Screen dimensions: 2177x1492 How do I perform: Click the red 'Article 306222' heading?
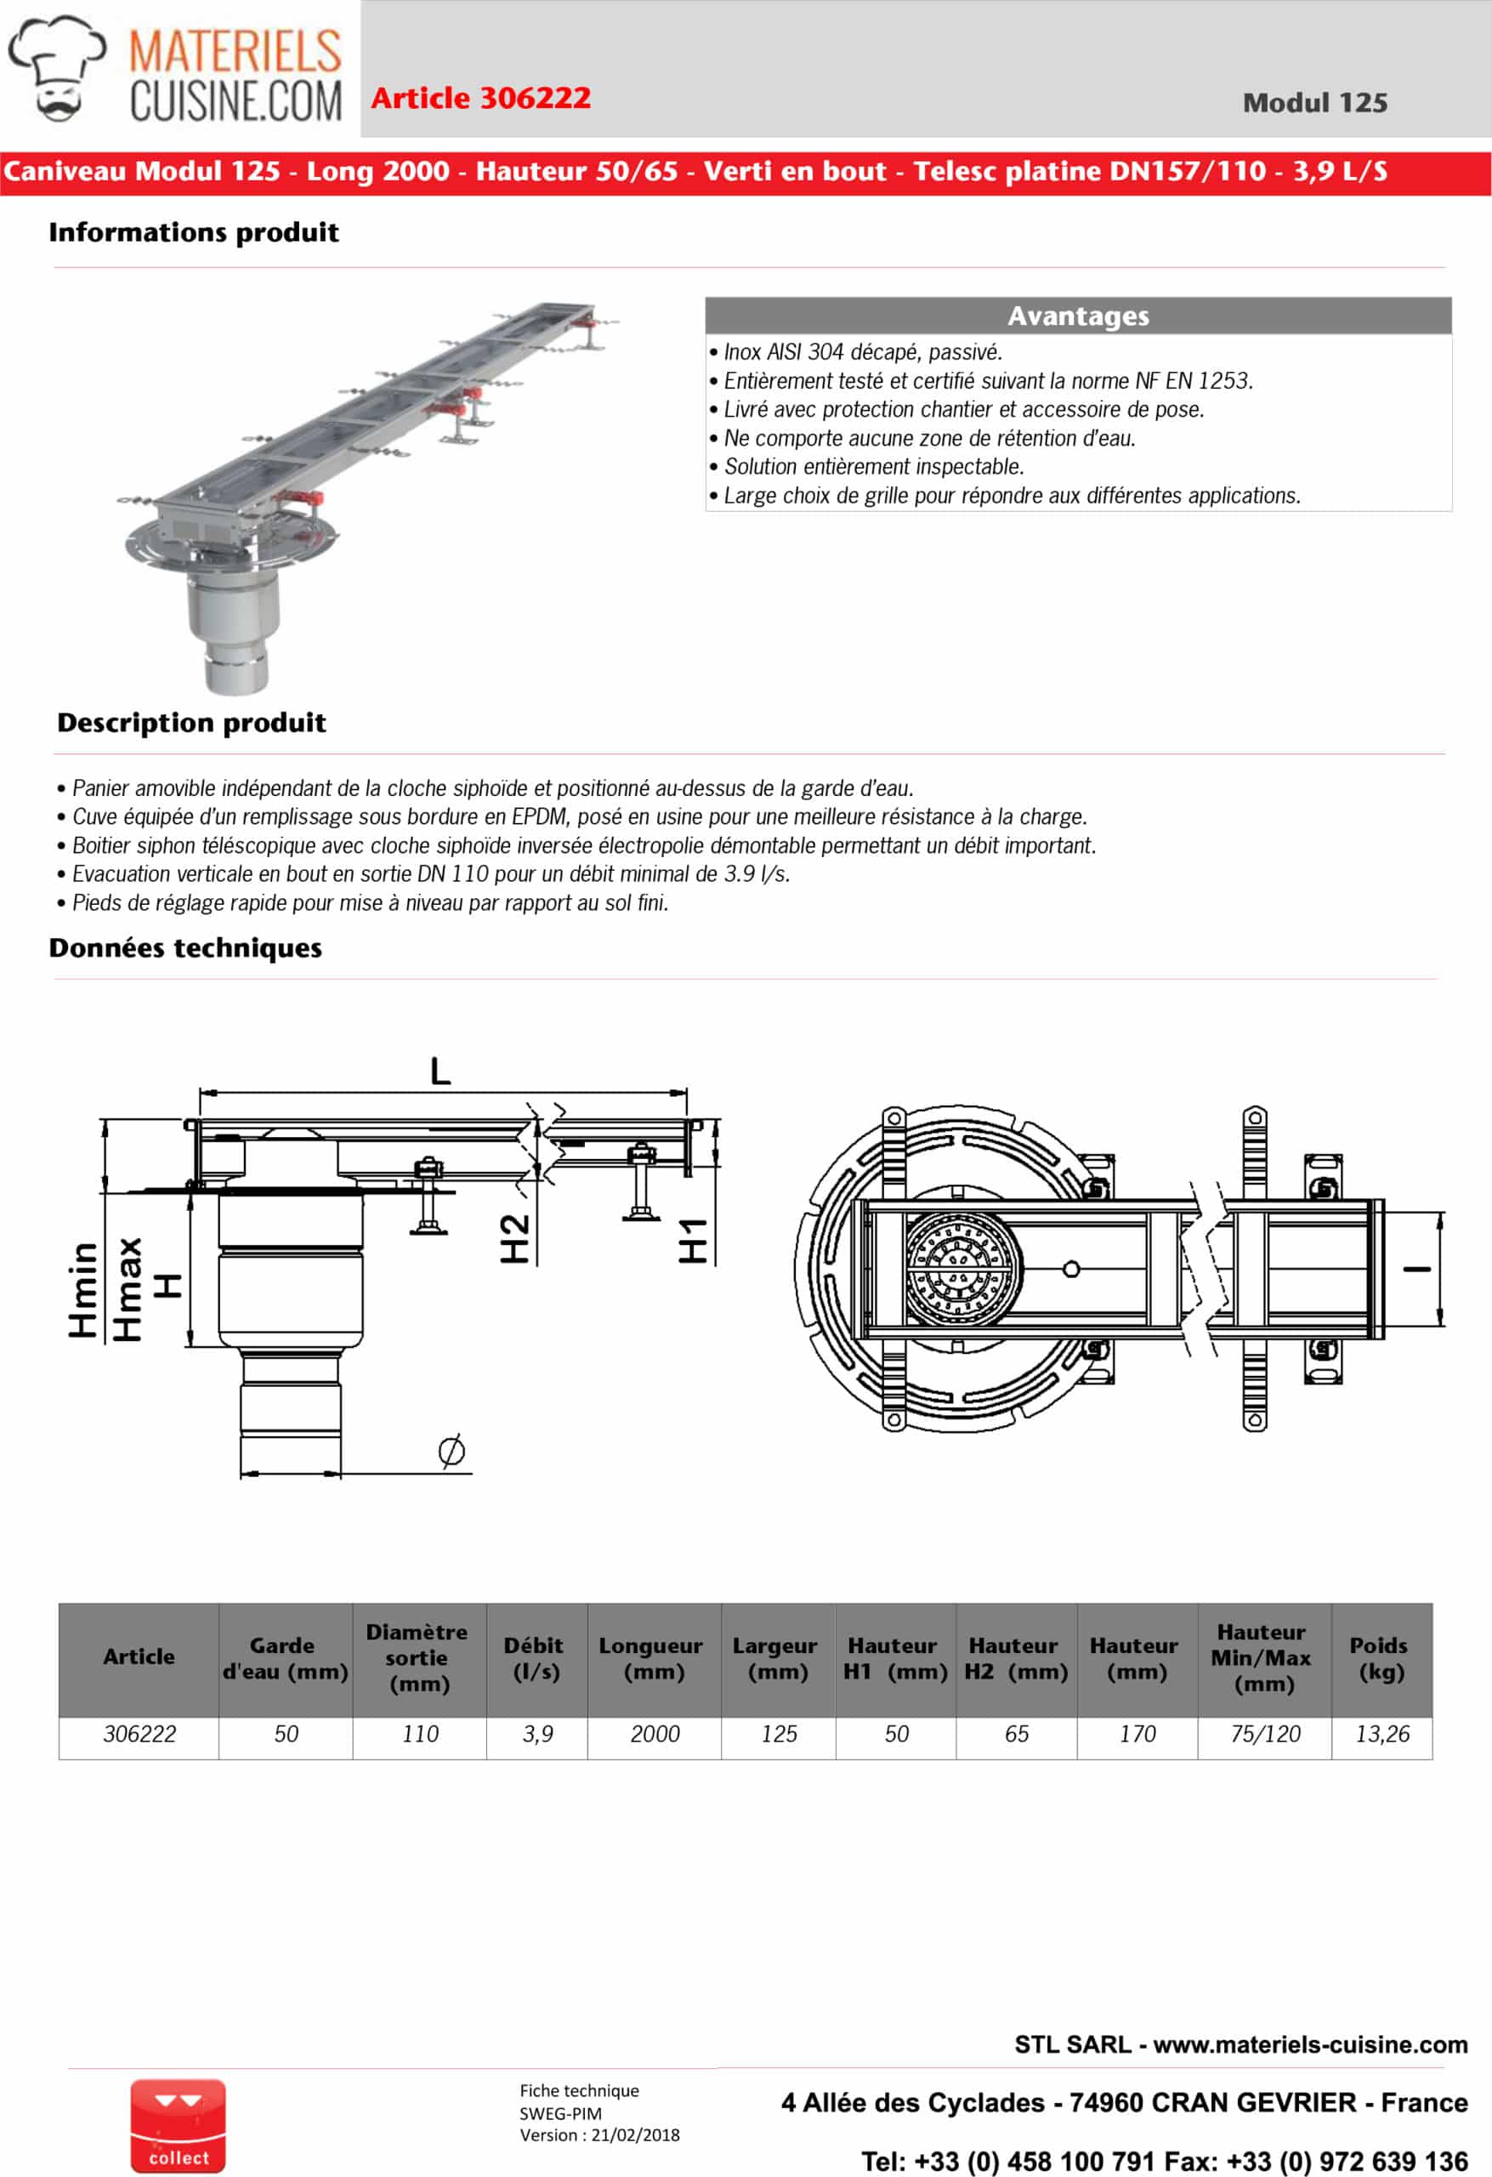point(480,98)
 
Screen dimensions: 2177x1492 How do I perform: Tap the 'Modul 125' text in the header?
point(1314,103)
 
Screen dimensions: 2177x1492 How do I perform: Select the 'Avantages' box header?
point(1078,315)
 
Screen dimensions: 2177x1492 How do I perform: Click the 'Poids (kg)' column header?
point(1381,1658)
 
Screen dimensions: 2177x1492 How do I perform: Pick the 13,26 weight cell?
point(1381,1734)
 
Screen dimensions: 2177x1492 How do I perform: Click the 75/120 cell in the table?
point(1264,1734)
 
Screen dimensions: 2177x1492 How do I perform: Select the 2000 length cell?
point(654,1734)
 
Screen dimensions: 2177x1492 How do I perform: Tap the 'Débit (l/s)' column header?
point(536,1658)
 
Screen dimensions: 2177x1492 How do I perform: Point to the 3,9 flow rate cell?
point(536,1734)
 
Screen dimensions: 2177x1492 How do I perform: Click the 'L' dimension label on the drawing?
point(440,1070)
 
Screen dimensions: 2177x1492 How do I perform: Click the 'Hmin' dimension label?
point(82,1290)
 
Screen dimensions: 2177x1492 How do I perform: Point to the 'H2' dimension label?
point(514,1238)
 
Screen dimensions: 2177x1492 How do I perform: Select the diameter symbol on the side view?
point(451,1451)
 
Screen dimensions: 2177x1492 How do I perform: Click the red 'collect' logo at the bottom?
point(178,2125)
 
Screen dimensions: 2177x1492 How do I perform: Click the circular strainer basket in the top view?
point(960,1270)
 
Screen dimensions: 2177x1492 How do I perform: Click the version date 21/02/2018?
point(635,2134)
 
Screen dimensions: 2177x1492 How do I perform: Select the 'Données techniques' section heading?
point(185,948)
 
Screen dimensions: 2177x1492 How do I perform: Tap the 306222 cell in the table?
point(139,1734)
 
